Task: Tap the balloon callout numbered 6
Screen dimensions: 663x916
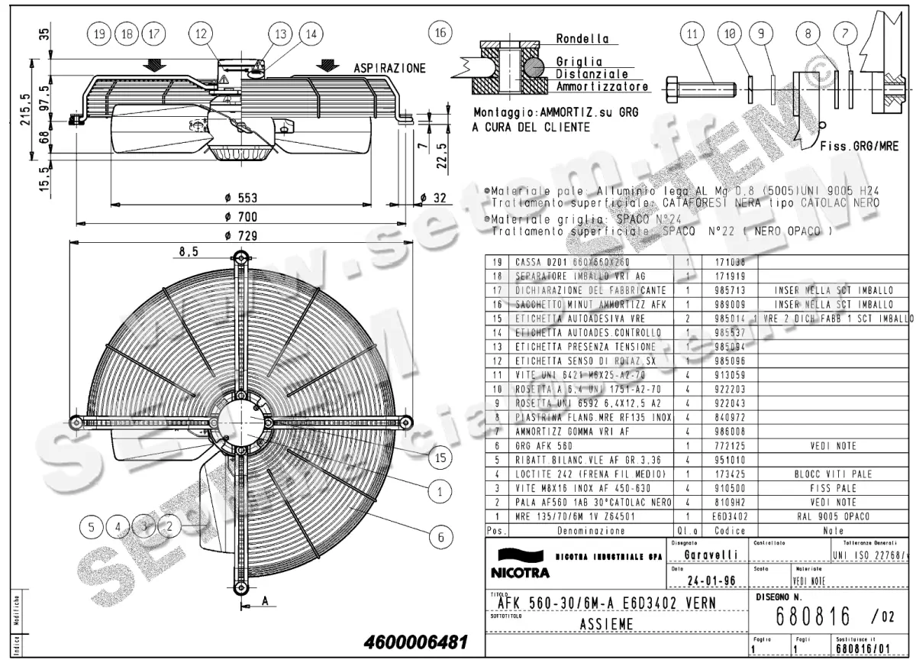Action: pos(440,537)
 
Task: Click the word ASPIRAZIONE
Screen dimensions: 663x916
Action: pos(389,69)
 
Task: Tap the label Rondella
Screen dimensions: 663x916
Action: pos(582,39)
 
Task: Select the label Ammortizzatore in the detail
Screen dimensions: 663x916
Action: pos(602,87)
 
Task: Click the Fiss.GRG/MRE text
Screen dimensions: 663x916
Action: pos(858,145)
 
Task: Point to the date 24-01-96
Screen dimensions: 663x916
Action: pos(711,581)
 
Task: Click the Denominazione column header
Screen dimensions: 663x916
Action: pos(591,529)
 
